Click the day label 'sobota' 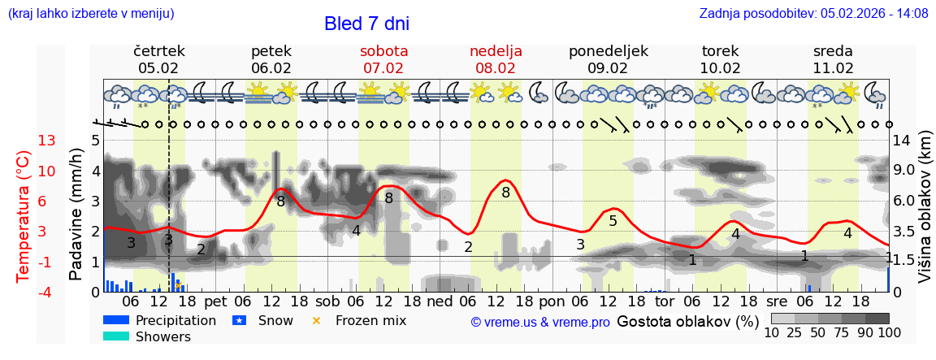point(383,51)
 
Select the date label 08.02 point(496,68)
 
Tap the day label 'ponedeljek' point(608,51)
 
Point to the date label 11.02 point(833,68)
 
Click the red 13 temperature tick point(47,141)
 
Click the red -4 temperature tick point(47,292)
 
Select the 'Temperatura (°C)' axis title point(24,216)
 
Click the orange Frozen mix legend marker point(317,320)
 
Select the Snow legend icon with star point(239,320)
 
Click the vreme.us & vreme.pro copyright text point(540,322)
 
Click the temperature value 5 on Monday point(613,221)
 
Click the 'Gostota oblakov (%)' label point(687,321)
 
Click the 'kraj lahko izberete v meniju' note point(91,13)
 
